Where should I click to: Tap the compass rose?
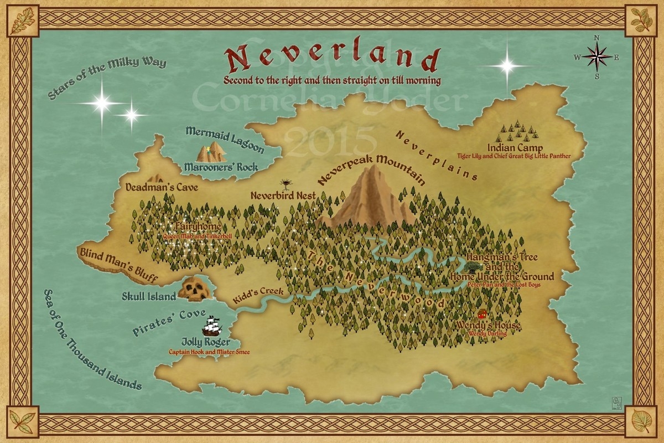click(596, 56)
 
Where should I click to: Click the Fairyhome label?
click(198, 227)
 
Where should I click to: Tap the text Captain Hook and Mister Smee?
click(209, 352)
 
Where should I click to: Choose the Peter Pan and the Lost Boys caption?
click(503, 285)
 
